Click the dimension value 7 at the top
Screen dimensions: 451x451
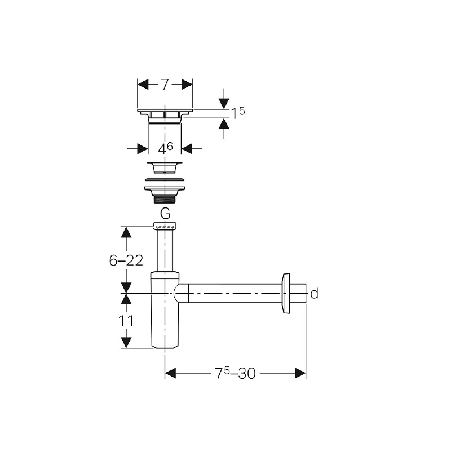click(x=165, y=85)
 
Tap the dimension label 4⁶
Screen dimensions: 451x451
click(x=165, y=148)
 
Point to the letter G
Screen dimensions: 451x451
click(x=165, y=214)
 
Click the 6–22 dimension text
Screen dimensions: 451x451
click(x=126, y=260)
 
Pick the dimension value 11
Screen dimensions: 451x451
click(x=126, y=321)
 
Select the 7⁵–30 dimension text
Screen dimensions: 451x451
click(x=235, y=374)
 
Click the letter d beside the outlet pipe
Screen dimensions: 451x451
click(x=315, y=294)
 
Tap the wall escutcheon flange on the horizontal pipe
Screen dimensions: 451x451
click(x=286, y=293)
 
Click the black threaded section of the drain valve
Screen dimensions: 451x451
click(x=165, y=200)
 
